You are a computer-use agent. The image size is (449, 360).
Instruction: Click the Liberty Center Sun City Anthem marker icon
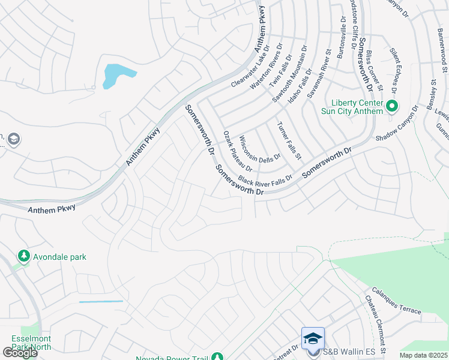coord(392,107)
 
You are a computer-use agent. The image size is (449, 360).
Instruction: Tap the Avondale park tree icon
coord(24,257)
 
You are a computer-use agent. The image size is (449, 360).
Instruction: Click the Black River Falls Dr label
coord(265,179)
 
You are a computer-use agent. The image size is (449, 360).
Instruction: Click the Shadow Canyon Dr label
coord(397,124)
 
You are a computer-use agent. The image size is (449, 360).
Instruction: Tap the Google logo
coord(20,353)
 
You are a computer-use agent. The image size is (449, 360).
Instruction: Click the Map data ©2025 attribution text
coord(423,355)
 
